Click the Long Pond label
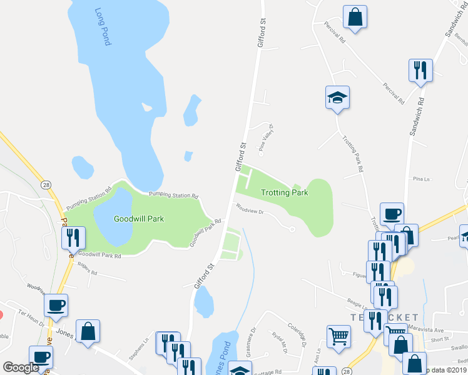click(x=103, y=27)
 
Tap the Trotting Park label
click(x=285, y=192)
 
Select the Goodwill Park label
click(x=138, y=219)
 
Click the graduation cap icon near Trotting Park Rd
click(x=337, y=98)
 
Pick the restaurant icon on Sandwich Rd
click(x=420, y=70)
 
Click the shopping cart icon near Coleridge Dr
click(x=338, y=336)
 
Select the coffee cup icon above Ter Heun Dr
click(x=56, y=305)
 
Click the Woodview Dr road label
click(x=250, y=210)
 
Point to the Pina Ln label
click(x=421, y=179)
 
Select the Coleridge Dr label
click(x=297, y=330)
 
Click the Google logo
click(x=21, y=367)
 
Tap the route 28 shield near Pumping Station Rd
click(x=46, y=184)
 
